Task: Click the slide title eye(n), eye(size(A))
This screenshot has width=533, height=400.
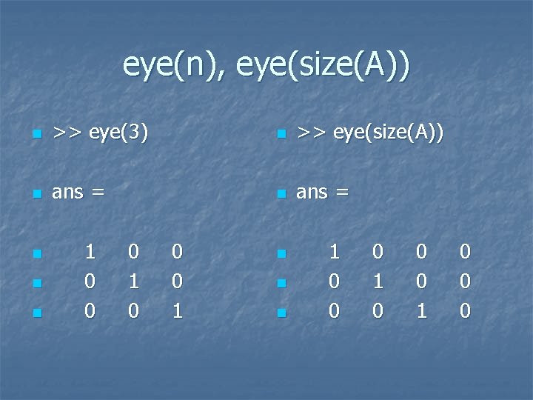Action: pos(266,67)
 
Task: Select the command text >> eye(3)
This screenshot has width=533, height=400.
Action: pos(100,133)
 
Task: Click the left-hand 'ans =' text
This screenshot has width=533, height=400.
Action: pos(78,192)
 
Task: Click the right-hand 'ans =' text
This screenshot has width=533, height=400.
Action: pos(322,192)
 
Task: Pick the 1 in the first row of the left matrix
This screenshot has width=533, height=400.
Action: pos(90,252)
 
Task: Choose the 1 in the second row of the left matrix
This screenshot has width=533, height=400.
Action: pos(133,282)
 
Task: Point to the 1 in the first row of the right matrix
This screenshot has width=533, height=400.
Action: pos(334,252)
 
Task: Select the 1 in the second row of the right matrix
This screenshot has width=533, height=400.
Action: pos(378,282)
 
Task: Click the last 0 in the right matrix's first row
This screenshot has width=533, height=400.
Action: pos(464,252)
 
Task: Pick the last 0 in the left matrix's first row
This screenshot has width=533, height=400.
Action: pos(177,252)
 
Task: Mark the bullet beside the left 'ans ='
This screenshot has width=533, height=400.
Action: pos(36,194)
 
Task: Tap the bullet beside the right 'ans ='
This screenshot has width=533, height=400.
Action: pos(280,194)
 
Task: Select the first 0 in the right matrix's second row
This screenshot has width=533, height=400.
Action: pos(334,282)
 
